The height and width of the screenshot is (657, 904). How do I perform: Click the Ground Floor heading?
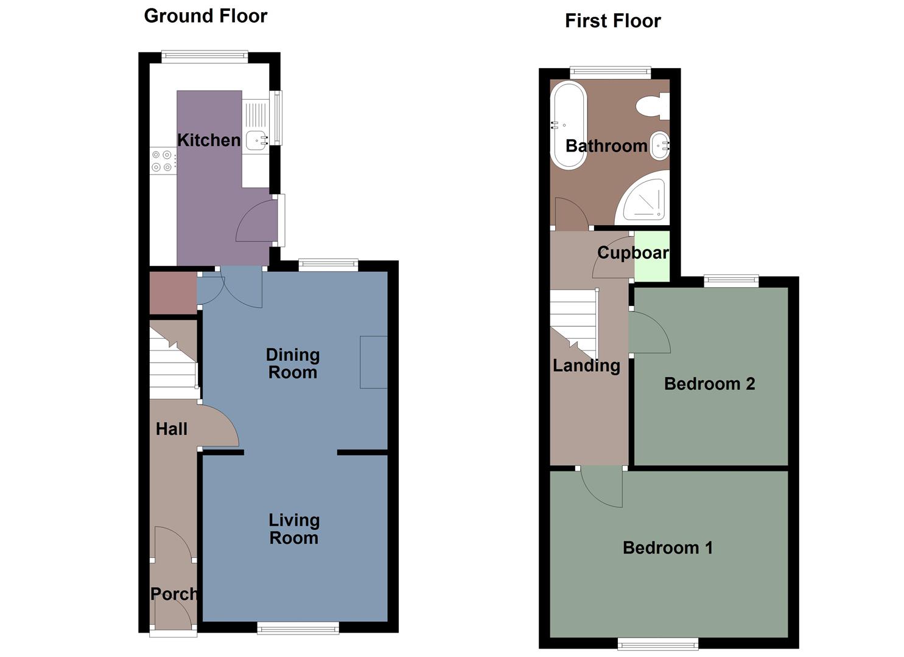coord(205,16)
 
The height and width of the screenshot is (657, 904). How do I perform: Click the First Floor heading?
coord(612,21)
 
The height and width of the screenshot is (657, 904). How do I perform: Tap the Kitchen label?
coord(209,140)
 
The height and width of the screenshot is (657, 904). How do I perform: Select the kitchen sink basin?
coord(256,139)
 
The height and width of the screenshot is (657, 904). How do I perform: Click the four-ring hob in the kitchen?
coord(162,161)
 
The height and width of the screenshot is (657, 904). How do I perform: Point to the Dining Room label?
coord(293,363)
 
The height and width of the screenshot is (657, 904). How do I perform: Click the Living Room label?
coord(294,529)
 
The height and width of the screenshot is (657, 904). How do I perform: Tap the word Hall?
coord(172,429)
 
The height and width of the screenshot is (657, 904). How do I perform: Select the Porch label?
coord(173,594)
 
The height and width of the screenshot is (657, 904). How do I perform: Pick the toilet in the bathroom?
coord(652,106)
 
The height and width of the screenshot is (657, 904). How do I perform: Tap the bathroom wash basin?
coord(659,146)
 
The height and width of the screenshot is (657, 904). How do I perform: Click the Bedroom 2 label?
coord(709,384)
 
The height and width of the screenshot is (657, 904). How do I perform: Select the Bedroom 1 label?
coord(667,547)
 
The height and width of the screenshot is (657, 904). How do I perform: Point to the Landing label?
coord(586,366)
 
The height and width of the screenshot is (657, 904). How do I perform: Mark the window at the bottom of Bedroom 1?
coord(657,644)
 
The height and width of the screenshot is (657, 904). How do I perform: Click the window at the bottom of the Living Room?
coord(298,628)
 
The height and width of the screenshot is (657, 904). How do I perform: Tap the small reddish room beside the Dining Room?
coord(173,293)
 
